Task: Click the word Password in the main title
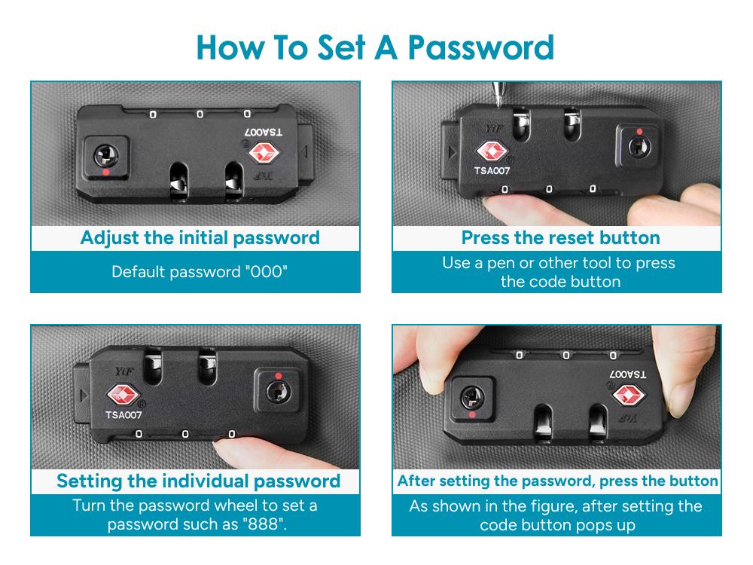480,47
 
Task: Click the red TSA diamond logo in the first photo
264,152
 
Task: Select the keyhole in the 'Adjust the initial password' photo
105,155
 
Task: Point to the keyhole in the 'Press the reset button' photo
639,146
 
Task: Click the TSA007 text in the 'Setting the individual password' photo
123,415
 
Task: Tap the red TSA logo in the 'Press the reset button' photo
491,151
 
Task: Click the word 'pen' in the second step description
501,264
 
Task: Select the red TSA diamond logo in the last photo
628,395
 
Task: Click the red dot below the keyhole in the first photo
105,172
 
